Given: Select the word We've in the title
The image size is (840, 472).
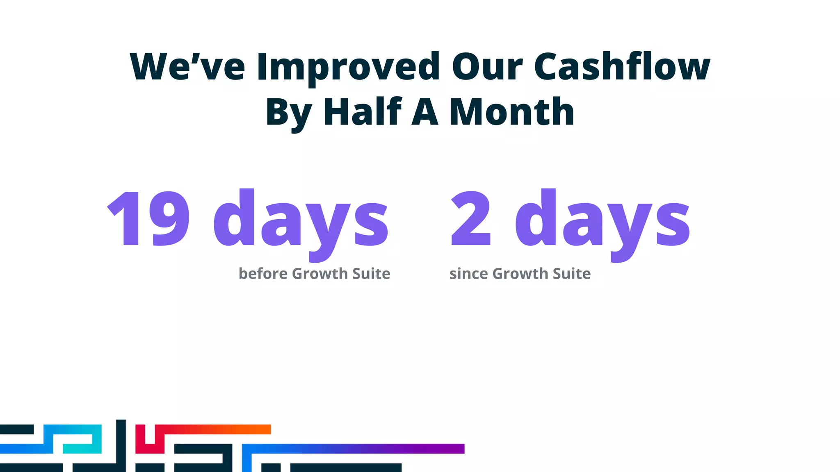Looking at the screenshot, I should [x=187, y=67].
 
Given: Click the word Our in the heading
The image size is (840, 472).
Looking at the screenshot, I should [x=487, y=67].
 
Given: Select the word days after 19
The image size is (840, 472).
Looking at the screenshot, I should [x=301, y=221].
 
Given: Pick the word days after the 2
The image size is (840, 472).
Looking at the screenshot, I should [x=603, y=221].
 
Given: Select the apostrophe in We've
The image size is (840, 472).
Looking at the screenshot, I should [x=196, y=57].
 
